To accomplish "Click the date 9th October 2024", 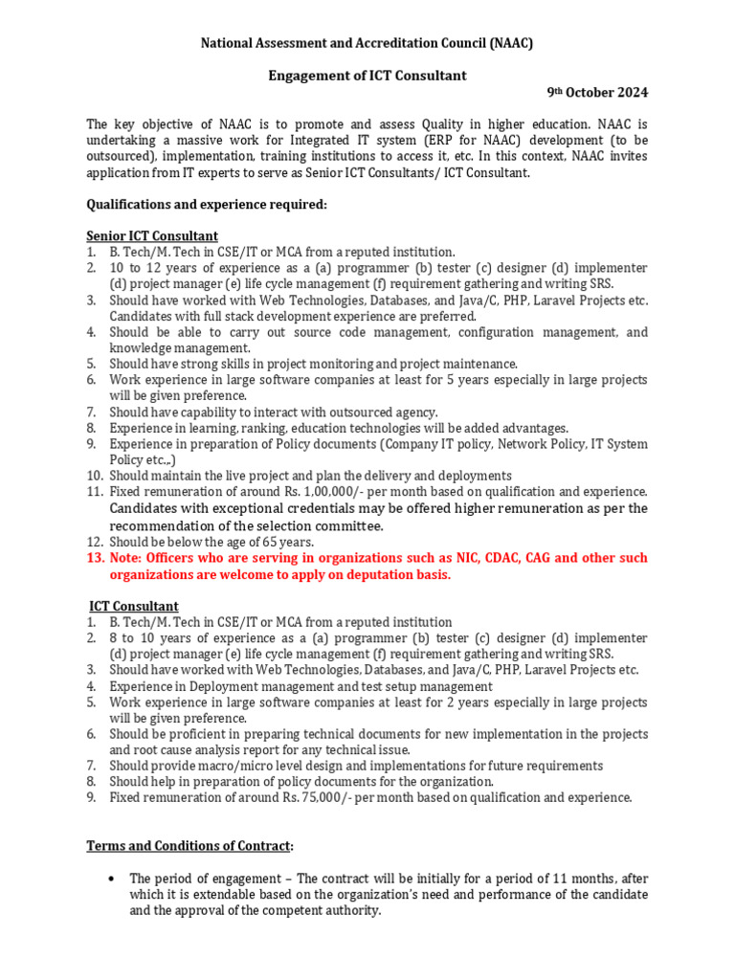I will [x=597, y=93].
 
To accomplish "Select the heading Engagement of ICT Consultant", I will [x=367, y=76].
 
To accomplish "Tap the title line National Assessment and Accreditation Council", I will [x=367, y=43].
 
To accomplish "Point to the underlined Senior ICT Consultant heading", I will [x=152, y=235].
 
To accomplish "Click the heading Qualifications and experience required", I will [x=207, y=204].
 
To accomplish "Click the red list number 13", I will [x=95, y=558].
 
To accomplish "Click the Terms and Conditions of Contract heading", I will [x=189, y=846].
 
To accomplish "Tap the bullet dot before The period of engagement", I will [x=114, y=878].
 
